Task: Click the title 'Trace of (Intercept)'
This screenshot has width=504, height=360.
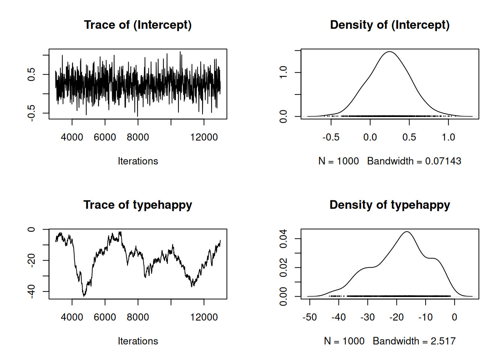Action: pyautogui.click(x=138, y=25)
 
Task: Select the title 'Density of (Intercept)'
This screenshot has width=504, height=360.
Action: pyautogui.click(x=390, y=25)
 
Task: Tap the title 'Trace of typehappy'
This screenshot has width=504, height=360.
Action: pyautogui.click(x=138, y=205)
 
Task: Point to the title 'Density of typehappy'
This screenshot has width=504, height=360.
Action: pyautogui.click(x=390, y=205)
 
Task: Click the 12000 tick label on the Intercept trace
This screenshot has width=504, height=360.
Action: pyautogui.click(x=204, y=137)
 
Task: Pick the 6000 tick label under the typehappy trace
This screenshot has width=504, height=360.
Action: pyautogui.click(x=105, y=317)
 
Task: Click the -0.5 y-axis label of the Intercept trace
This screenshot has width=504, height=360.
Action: pyautogui.click(x=31, y=113)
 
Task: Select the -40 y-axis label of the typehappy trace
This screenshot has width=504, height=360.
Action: pyautogui.click(x=31, y=291)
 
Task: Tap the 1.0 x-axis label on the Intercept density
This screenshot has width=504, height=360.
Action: pyautogui.click(x=448, y=137)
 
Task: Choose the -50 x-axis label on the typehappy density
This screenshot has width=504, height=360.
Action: pyautogui.click(x=309, y=317)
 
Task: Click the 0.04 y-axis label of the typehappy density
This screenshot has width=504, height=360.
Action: pyautogui.click(x=283, y=238)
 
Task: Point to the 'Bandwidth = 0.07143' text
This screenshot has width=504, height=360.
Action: pyautogui.click(x=414, y=161)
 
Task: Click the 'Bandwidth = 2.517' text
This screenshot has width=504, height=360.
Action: pyautogui.click(x=414, y=341)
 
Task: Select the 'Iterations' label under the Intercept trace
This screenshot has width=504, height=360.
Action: pyautogui.click(x=138, y=161)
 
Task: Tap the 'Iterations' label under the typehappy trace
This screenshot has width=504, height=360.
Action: pyautogui.click(x=138, y=341)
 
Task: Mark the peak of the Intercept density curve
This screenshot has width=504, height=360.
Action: pyautogui.click(x=390, y=52)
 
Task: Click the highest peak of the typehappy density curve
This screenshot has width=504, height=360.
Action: pyautogui.click(x=407, y=232)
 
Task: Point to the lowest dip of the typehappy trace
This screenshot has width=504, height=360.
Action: pyautogui.click(x=84, y=296)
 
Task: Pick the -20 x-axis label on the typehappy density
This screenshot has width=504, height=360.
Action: pyautogui.click(x=396, y=317)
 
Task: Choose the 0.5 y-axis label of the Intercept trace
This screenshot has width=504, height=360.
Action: pyautogui.click(x=31, y=74)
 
